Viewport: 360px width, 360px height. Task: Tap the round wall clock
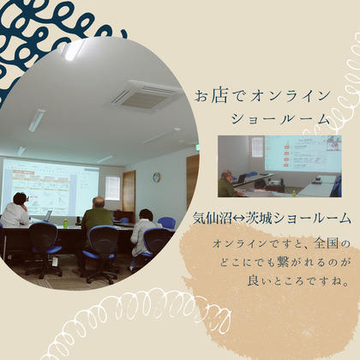point(156,177)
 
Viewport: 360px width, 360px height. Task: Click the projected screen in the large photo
point(51,187)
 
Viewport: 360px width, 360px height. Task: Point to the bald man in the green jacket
point(98,216)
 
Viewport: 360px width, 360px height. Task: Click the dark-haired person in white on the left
point(15,212)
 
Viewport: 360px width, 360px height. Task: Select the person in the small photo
point(228,183)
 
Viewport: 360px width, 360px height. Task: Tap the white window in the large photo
point(113,188)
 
